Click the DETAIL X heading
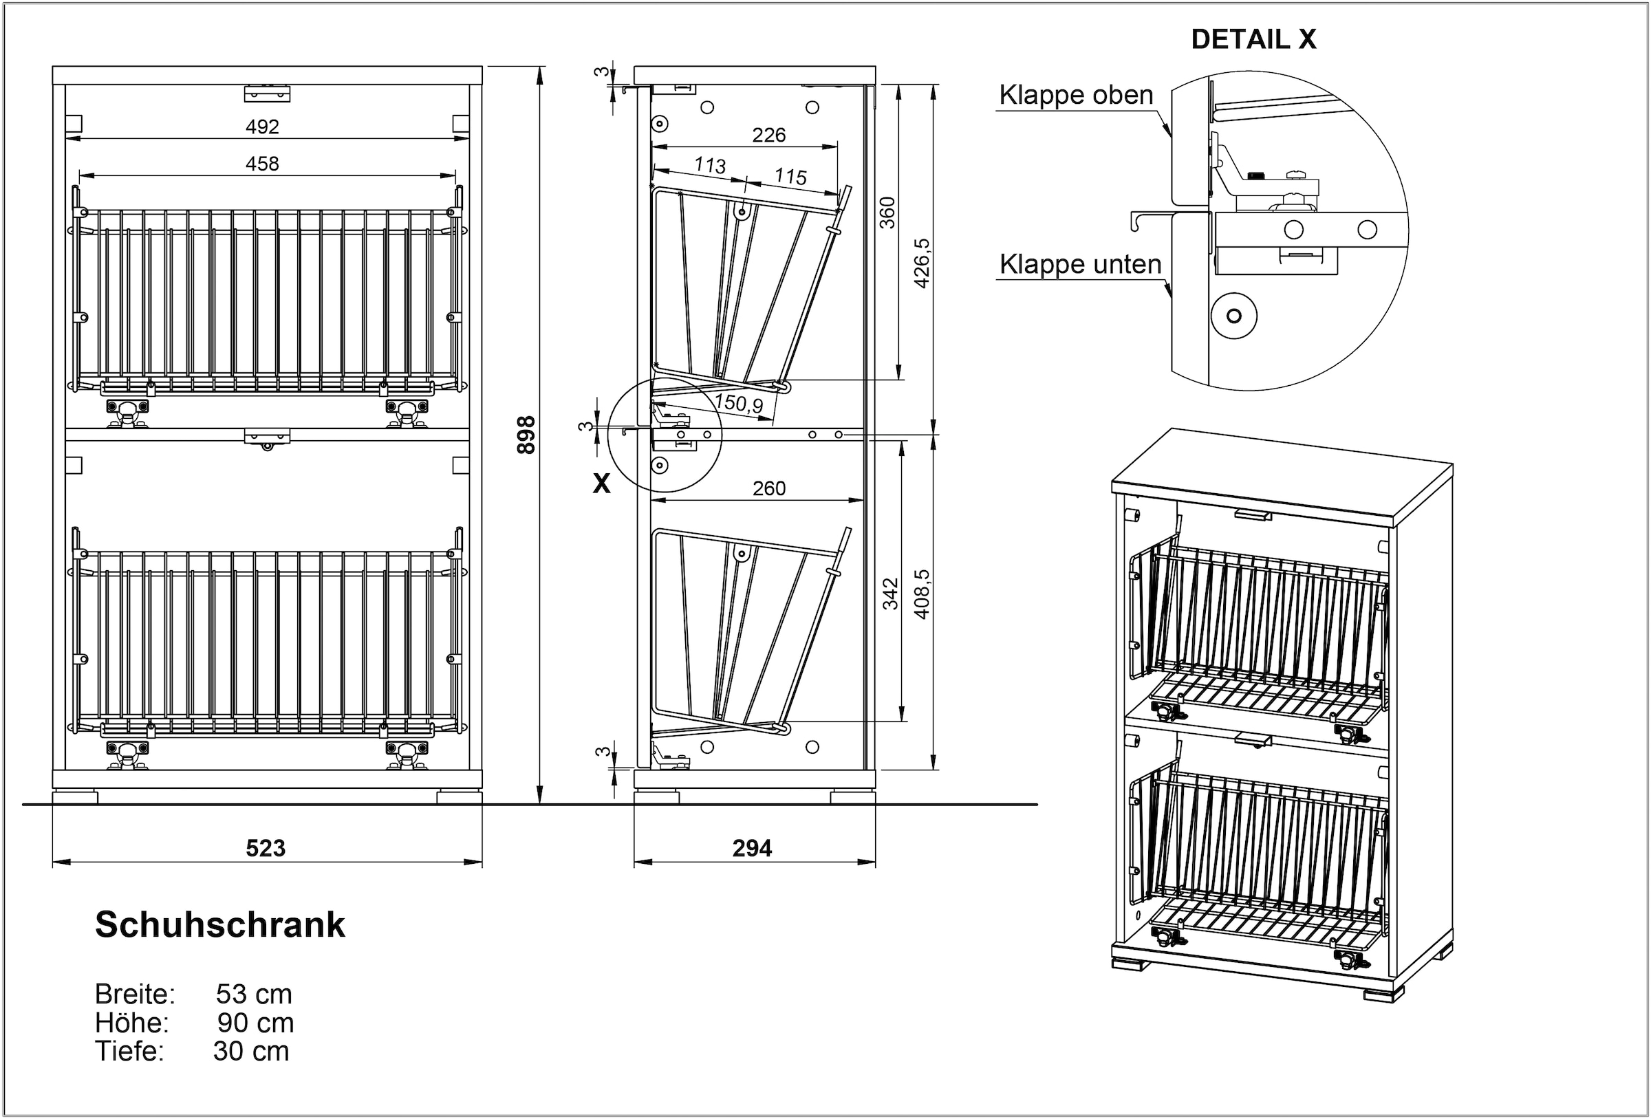pyautogui.click(x=1253, y=40)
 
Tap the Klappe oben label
pyautogui.click(x=1076, y=95)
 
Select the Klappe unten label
pyautogui.click(x=1080, y=264)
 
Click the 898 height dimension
pyautogui.click(x=526, y=435)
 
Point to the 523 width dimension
pyautogui.click(x=266, y=847)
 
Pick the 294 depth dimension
pyautogui.click(x=753, y=847)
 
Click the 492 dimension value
pyautogui.click(x=262, y=127)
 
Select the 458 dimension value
pyautogui.click(x=262, y=164)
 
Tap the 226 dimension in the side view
pyautogui.click(x=768, y=135)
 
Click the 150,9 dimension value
pyautogui.click(x=739, y=404)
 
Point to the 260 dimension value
pyautogui.click(x=768, y=488)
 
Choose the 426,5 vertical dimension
pyautogui.click(x=921, y=263)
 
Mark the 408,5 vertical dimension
pyautogui.click(x=921, y=594)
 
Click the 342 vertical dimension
pyautogui.click(x=890, y=594)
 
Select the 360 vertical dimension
pyautogui.click(x=887, y=213)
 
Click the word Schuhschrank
pyautogui.click(x=220, y=925)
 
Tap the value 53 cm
pyautogui.click(x=254, y=994)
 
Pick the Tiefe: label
pyautogui.click(x=129, y=1051)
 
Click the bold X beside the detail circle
pyautogui.click(x=602, y=484)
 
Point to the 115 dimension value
pyautogui.click(x=790, y=176)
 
